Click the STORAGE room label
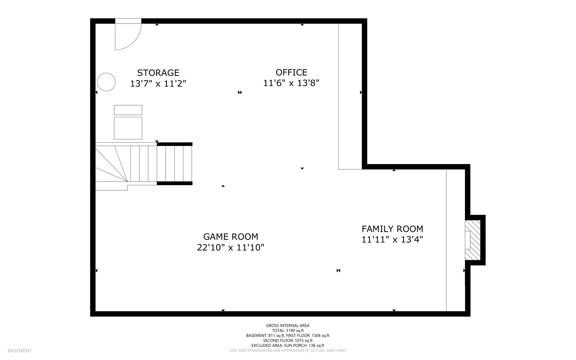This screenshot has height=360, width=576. pos(158,73)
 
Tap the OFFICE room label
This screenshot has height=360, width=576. pos(291,72)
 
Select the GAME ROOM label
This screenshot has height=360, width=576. pos(231,236)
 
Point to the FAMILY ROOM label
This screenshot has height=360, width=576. pos(392,229)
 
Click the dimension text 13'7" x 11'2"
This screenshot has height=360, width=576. pos(158,84)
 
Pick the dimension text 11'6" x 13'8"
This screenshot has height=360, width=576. pos(291,83)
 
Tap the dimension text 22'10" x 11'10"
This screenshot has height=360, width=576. pos(231,247)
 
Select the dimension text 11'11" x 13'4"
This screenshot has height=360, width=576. pos(392,240)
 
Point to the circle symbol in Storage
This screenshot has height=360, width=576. pos(106,82)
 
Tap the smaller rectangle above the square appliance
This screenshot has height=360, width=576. pos(128,110)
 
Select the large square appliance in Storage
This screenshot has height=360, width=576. pos(128,128)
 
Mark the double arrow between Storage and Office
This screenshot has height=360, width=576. pos(240,92)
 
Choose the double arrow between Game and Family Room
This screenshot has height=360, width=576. pos(338,270)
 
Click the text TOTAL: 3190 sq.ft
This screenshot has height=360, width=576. pos(288,330)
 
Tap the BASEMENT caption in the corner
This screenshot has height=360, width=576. pos(20,350)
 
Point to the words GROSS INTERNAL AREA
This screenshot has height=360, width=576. pos(288,325)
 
